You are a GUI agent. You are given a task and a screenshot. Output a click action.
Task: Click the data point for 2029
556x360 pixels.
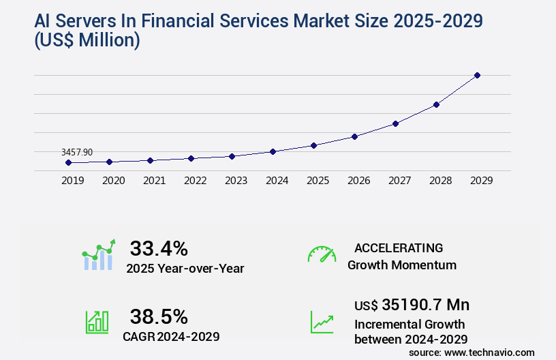(x=477, y=75)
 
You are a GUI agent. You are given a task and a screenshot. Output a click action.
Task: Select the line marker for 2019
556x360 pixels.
(x=68, y=162)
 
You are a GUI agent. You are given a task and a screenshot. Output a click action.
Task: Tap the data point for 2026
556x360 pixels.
(x=354, y=136)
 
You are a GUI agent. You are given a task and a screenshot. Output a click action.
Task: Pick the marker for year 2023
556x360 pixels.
(x=232, y=156)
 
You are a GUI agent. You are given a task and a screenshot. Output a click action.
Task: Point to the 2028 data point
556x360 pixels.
(x=436, y=104)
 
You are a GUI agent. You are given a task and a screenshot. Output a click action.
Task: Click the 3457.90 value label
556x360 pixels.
(x=76, y=152)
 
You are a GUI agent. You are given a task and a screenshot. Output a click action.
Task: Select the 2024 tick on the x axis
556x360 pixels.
(x=277, y=181)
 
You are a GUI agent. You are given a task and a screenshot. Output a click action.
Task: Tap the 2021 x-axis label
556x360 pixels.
(x=154, y=181)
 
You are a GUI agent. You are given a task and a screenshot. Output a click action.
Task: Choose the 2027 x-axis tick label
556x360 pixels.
(x=399, y=181)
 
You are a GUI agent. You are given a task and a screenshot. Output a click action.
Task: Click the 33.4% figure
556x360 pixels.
(x=159, y=248)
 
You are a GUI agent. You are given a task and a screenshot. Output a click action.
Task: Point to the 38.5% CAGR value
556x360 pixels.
(x=159, y=316)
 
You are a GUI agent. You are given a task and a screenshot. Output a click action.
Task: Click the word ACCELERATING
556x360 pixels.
(x=399, y=248)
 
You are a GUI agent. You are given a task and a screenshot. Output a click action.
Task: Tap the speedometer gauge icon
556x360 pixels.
(x=322, y=254)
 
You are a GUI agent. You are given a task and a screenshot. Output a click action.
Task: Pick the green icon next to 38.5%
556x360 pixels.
(x=97, y=322)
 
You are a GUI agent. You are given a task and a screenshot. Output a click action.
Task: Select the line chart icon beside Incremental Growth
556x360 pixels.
(x=322, y=322)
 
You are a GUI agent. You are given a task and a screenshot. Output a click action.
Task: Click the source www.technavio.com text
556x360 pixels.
(x=472, y=352)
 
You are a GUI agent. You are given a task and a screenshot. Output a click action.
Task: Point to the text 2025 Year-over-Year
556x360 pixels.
(x=185, y=269)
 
